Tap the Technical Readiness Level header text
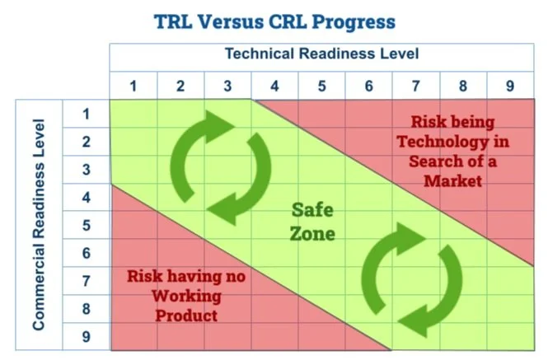click(x=322, y=54)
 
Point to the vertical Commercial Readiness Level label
click(x=38, y=227)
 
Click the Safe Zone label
click(x=313, y=222)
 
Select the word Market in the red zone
click(x=452, y=180)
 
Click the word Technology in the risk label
click(x=452, y=141)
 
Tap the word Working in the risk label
click(x=187, y=296)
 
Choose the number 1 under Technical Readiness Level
click(x=133, y=86)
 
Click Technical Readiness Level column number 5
click(x=321, y=86)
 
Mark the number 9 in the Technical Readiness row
click(x=510, y=86)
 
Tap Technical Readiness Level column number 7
click(x=415, y=86)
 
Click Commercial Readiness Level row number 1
click(x=87, y=114)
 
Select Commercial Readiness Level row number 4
click(x=87, y=198)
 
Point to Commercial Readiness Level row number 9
click(x=87, y=337)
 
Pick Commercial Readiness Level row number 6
click(x=87, y=253)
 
